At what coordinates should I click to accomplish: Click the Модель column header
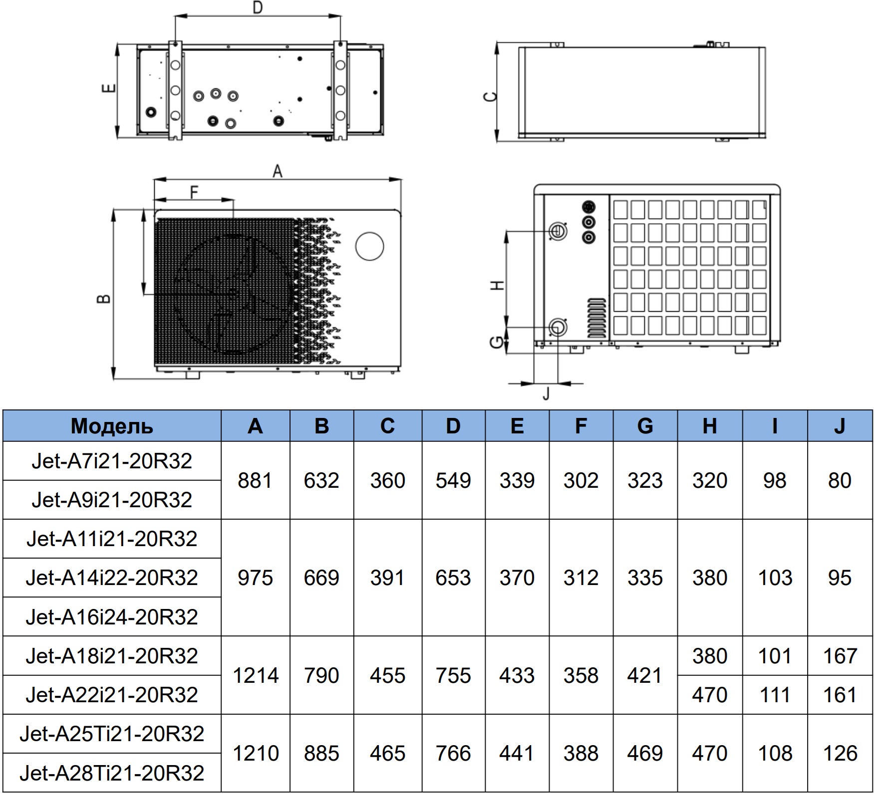click(x=112, y=426)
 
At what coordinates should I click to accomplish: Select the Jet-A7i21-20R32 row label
click(x=112, y=461)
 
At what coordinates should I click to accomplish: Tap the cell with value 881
click(x=255, y=480)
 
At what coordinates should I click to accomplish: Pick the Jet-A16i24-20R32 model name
click(x=112, y=617)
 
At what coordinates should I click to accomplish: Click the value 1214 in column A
click(x=256, y=675)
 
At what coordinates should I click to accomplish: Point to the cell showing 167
click(x=840, y=656)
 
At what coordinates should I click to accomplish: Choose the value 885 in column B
click(x=321, y=753)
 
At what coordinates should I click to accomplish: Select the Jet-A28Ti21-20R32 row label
click(x=112, y=773)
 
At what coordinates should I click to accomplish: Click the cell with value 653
click(x=453, y=578)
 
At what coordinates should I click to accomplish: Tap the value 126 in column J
click(x=840, y=753)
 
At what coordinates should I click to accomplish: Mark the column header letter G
click(x=645, y=426)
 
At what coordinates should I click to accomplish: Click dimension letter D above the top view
click(x=258, y=7)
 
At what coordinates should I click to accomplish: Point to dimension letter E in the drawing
click(x=108, y=89)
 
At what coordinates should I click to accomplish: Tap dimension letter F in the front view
click(x=195, y=192)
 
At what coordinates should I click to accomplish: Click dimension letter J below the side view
click(x=546, y=394)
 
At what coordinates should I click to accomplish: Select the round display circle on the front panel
click(x=369, y=246)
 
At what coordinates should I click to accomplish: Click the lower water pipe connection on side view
click(x=557, y=327)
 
